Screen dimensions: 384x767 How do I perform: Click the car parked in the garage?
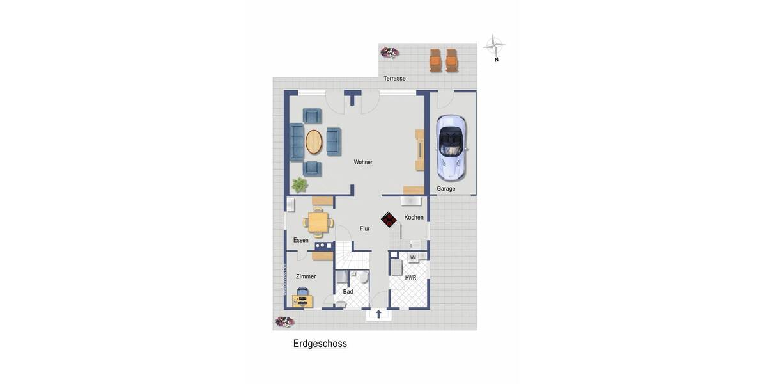pos(451,147)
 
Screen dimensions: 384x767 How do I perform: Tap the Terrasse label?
pos(394,79)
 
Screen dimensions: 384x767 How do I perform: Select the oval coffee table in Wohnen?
pos(314,141)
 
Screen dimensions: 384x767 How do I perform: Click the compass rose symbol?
pos(494,45)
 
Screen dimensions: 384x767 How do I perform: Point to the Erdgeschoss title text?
pos(320,344)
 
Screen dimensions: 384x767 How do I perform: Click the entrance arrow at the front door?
pos(378,314)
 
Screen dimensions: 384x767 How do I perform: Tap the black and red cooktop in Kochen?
pos(389,220)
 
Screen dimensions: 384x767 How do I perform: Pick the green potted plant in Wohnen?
pos(299,185)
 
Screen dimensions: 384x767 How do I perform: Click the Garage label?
pos(446,189)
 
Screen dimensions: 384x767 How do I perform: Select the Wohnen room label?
pos(364,163)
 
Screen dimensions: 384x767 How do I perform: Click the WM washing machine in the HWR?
pos(413,257)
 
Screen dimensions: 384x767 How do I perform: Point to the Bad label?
pos(348,292)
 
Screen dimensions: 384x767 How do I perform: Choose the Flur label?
pos(364,228)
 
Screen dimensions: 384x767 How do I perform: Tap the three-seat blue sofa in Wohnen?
pos(297,141)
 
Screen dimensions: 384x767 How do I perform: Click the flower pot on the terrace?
pos(389,52)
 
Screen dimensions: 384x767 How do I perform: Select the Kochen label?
pos(414,218)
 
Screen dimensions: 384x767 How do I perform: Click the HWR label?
pos(410,278)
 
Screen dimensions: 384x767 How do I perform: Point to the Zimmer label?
pos(306,276)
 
